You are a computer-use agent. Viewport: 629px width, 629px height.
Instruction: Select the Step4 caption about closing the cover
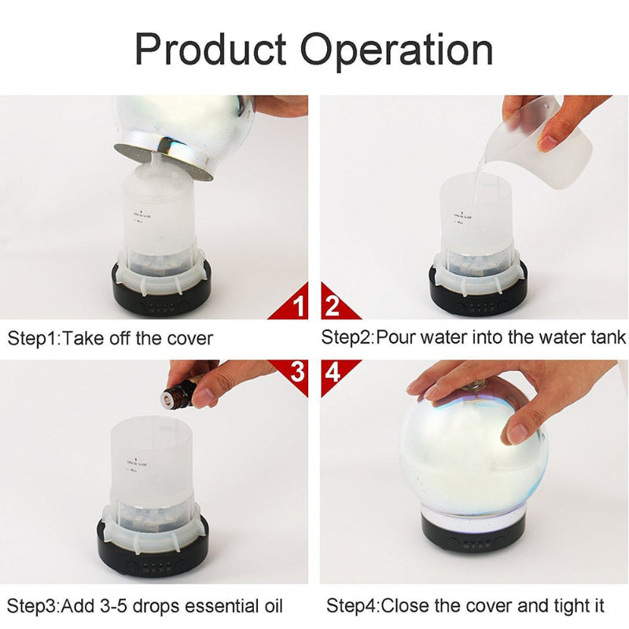coord(465,606)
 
